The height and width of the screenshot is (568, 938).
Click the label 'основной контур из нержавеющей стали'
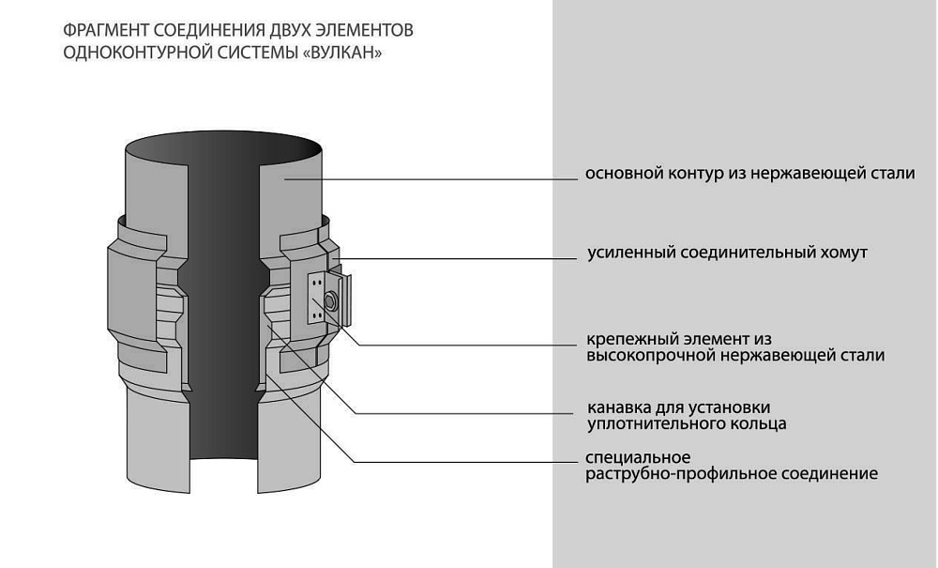point(749,175)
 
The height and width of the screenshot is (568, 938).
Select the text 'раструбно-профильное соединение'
point(732,474)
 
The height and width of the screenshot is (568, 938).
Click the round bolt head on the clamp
point(330,300)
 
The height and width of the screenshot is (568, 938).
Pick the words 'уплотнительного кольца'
point(687,424)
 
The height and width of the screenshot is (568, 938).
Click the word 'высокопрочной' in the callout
point(644,356)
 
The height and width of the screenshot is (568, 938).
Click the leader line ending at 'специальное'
point(469,461)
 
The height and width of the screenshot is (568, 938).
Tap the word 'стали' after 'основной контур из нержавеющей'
point(894,175)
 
